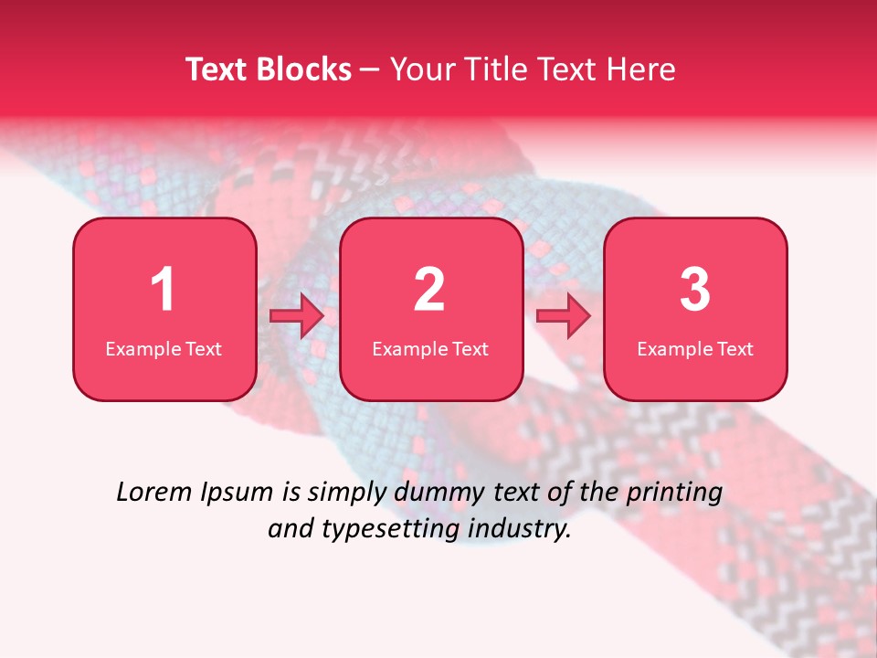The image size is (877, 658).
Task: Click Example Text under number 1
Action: (x=164, y=348)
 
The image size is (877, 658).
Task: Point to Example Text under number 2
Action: (x=430, y=348)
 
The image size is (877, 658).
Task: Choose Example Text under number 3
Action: (x=695, y=348)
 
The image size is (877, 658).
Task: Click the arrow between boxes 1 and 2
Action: (x=297, y=316)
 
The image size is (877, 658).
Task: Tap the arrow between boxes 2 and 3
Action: (x=564, y=316)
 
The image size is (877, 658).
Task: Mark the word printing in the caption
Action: (x=673, y=493)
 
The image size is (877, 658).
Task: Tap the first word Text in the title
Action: (x=217, y=69)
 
